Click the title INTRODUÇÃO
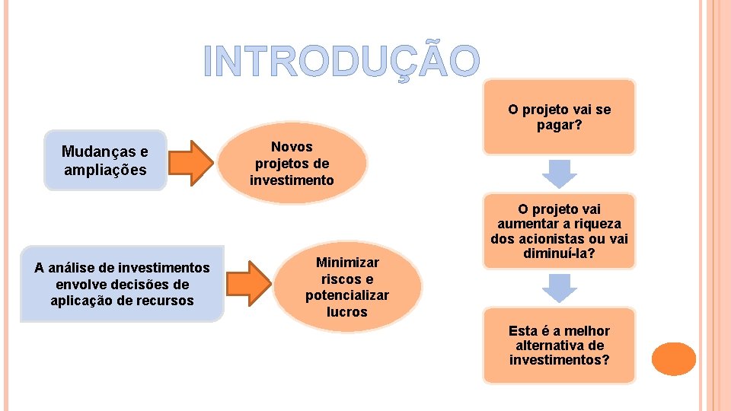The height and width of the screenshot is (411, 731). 342,61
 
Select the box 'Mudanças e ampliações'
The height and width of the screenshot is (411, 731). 105,160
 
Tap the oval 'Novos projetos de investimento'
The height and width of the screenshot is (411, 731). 292,163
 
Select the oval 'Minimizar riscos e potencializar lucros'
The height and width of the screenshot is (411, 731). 346,287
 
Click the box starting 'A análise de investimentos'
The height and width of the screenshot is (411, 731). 122,284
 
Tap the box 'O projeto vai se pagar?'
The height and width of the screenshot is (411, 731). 559,117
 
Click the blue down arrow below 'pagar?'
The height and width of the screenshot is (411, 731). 559,174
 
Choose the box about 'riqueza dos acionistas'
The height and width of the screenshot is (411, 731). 559,231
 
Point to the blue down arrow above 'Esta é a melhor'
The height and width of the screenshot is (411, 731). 559,288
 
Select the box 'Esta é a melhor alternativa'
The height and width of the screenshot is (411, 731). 559,345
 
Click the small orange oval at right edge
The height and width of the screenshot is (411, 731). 673,358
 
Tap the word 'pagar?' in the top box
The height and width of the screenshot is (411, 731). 559,124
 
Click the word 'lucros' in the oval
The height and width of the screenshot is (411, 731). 346,312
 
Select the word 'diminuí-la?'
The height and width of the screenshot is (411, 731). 559,253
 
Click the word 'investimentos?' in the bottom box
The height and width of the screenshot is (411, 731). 559,360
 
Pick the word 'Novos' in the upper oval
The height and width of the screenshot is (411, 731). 292,146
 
